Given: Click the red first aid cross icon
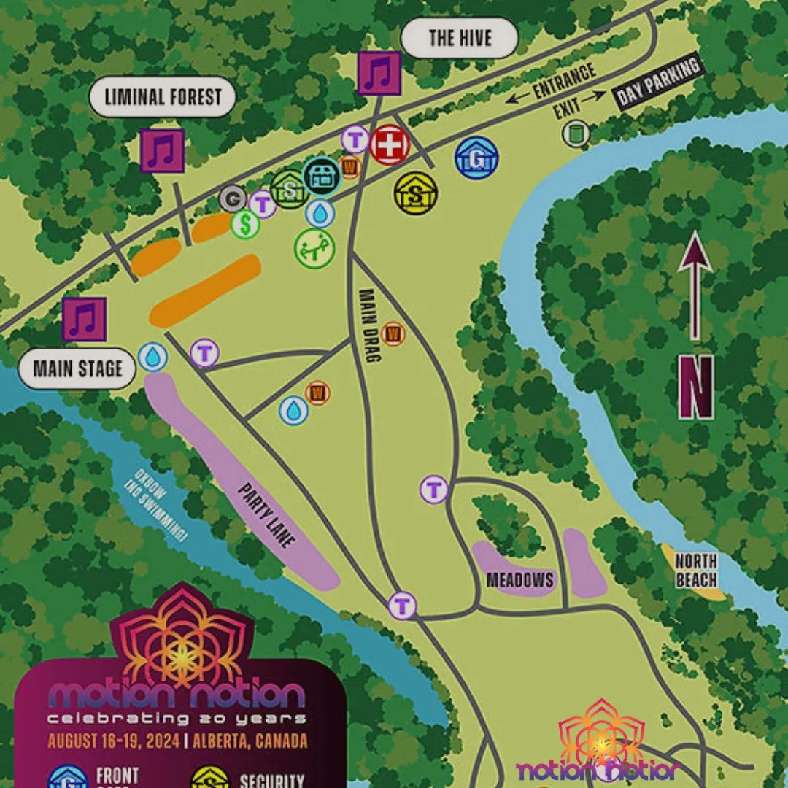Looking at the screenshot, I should [390, 145].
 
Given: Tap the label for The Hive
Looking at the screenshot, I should [460, 38].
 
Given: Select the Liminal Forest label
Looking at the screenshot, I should [163, 96].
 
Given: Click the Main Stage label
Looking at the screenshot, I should [78, 368].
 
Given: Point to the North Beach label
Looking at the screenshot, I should [695, 571].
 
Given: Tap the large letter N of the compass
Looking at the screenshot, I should [695, 387].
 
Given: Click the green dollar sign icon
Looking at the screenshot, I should [246, 224].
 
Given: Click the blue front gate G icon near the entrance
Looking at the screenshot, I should [476, 158].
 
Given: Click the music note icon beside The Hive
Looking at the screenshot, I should [379, 74].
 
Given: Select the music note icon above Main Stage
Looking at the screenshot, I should [85, 320].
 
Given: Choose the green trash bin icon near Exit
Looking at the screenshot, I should [576, 133].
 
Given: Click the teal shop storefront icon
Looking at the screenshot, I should [321, 176].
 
